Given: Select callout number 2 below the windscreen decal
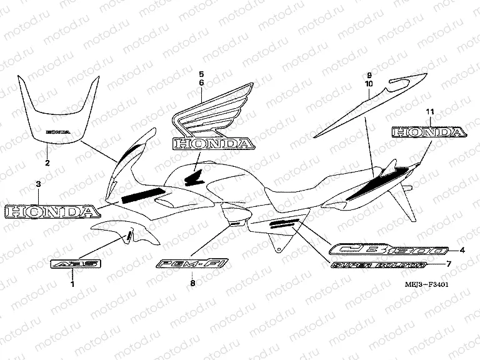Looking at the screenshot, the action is tap(47, 164).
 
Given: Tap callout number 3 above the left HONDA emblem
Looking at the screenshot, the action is tap(38, 184).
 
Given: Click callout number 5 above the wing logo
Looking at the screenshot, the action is tap(201, 74).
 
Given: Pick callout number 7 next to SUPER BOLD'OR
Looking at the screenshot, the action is tap(447, 264).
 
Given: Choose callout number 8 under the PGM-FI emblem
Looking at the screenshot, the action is tap(192, 284).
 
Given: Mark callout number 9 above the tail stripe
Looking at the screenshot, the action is tap(369, 74).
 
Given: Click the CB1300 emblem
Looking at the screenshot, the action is tap(389, 251).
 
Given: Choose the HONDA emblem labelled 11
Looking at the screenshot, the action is tap(429, 132).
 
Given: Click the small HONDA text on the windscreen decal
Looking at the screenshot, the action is tap(57, 133).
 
